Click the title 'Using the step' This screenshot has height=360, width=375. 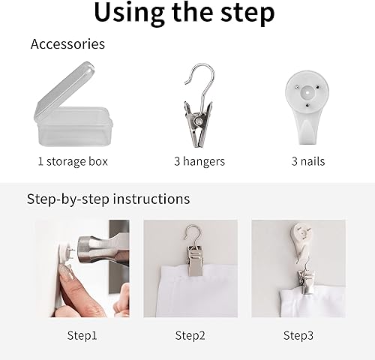click(184, 13)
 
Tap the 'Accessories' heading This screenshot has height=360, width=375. click(67, 44)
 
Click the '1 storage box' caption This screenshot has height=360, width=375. click(73, 160)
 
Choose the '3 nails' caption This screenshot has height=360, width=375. click(307, 160)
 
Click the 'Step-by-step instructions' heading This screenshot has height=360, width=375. click(108, 199)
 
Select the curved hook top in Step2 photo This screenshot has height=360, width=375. click(193, 233)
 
